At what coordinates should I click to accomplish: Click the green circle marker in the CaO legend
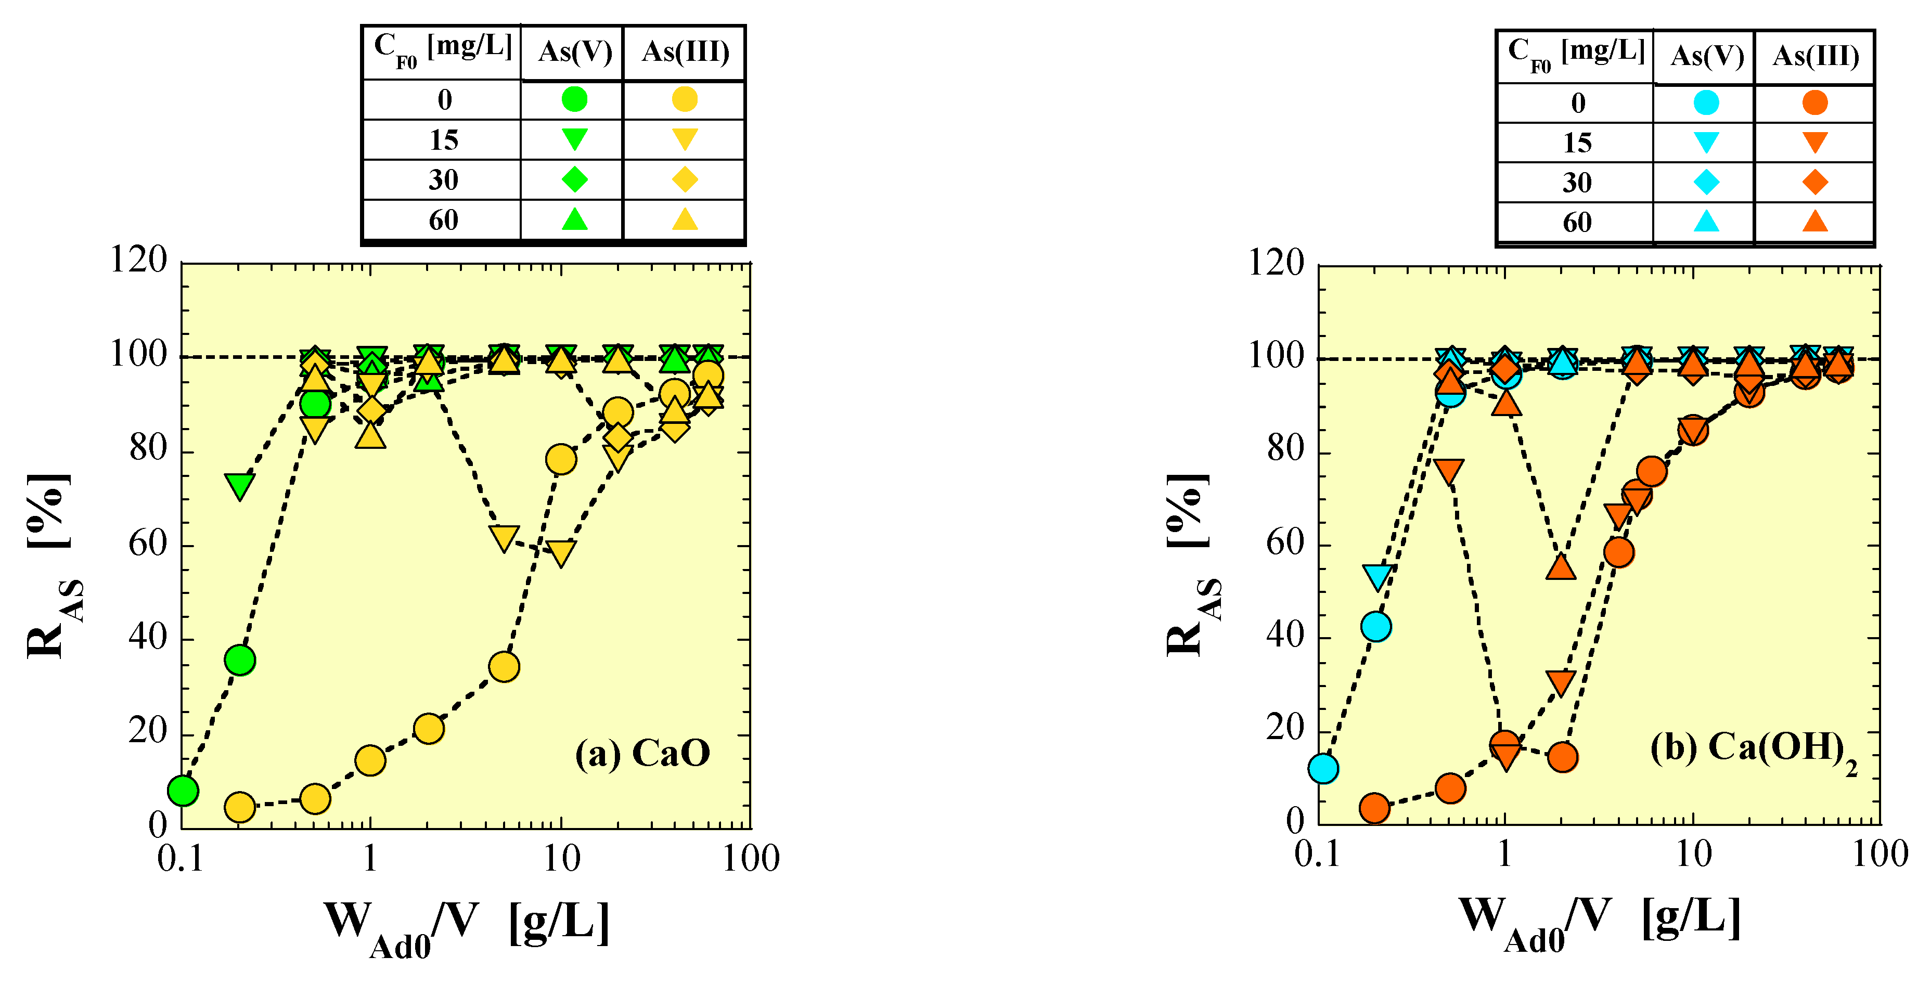[574, 99]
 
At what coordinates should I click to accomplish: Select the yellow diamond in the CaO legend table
[684, 179]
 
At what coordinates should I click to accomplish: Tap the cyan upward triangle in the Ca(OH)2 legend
[1706, 221]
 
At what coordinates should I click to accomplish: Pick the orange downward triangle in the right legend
[1815, 141]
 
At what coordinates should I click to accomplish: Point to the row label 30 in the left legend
[443, 179]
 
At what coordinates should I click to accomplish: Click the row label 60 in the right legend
[1577, 222]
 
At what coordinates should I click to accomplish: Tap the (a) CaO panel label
[642, 753]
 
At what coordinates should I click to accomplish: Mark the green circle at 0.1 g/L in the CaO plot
[183, 790]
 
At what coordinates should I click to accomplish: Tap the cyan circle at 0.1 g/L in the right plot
[1323, 769]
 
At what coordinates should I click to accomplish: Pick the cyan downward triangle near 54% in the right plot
[1376, 576]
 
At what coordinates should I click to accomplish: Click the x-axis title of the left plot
[466, 924]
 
